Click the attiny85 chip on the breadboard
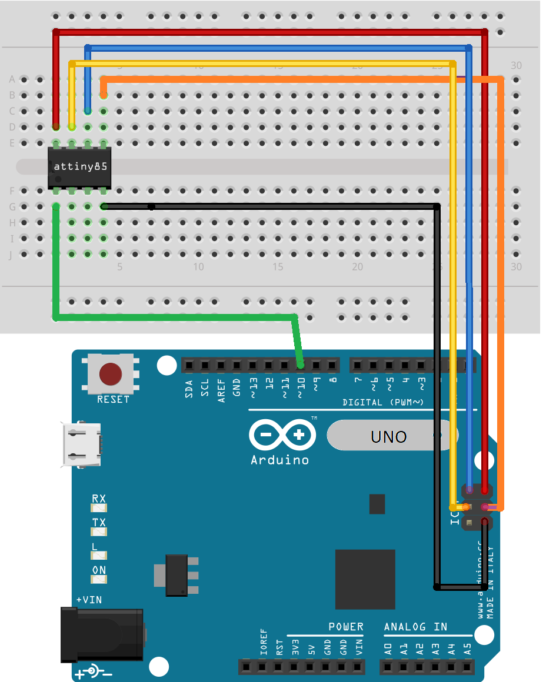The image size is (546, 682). pos(79,167)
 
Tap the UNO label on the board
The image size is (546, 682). pos(389,437)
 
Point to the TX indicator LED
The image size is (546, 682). pos(99,531)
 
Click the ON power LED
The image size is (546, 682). pos(99,579)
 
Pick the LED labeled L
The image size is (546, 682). pos(99,555)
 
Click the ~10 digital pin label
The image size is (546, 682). pos(301,388)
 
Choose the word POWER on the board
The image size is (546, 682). pos(346,627)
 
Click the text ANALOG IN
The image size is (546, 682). pos(415,627)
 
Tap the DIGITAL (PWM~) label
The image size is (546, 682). pos(383,403)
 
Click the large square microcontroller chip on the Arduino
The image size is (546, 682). pos(365,579)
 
